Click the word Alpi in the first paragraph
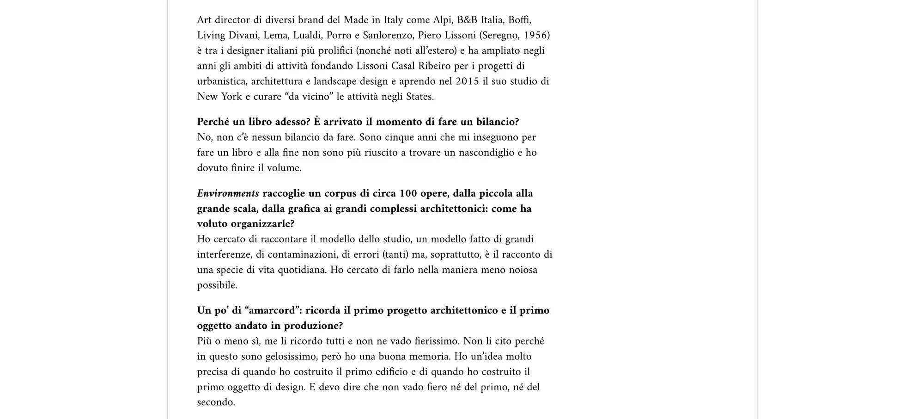click(442, 20)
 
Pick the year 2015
click(467, 81)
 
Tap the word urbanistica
click(223, 81)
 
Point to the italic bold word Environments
click(228, 193)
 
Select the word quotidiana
click(302, 270)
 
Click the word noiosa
click(523, 270)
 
